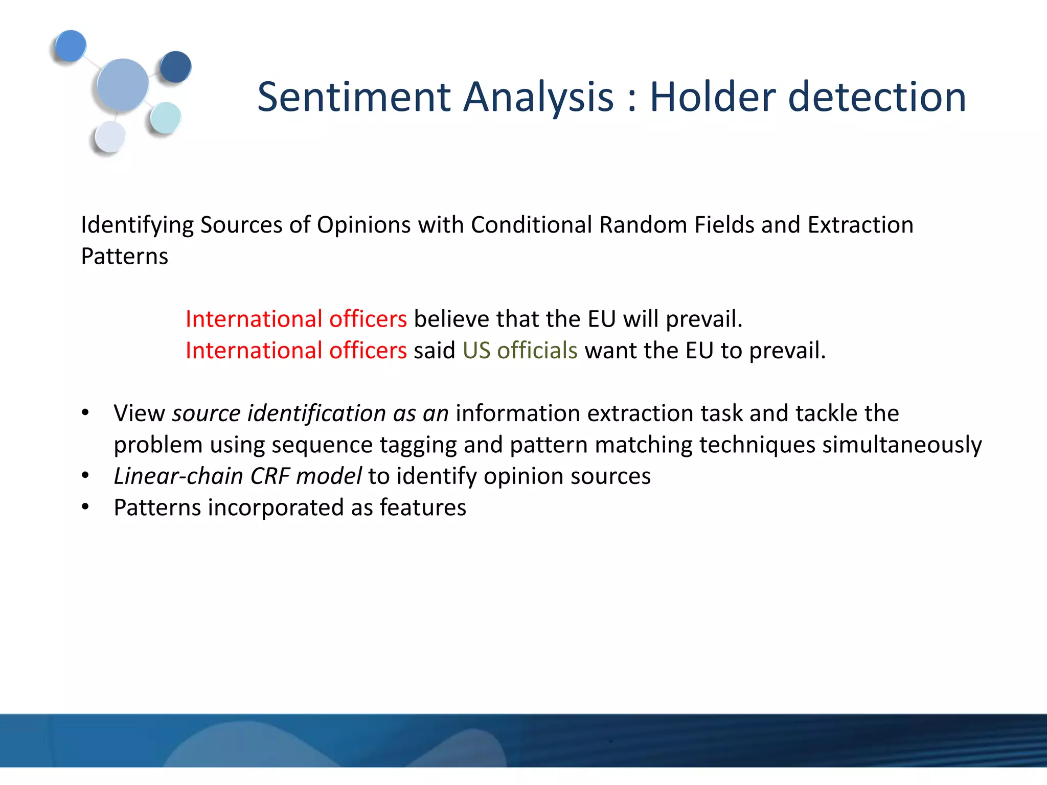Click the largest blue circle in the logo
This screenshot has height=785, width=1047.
click(x=123, y=85)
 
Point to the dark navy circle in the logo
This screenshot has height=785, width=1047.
click(x=175, y=67)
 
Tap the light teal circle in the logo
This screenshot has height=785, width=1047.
click(x=166, y=118)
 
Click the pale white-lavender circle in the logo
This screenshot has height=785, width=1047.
click(x=110, y=137)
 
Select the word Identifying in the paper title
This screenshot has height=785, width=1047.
click(x=137, y=225)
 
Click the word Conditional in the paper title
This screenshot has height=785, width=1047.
click(x=531, y=225)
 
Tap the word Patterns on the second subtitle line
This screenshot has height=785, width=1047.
click(x=124, y=256)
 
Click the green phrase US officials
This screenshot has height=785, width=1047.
click(x=520, y=351)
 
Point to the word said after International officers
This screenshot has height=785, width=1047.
click(x=434, y=351)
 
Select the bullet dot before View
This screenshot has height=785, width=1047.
click(x=85, y=413)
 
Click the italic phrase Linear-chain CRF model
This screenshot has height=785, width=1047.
click(x=237, y=476)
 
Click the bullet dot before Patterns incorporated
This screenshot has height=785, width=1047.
click(x=85, y=507)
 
